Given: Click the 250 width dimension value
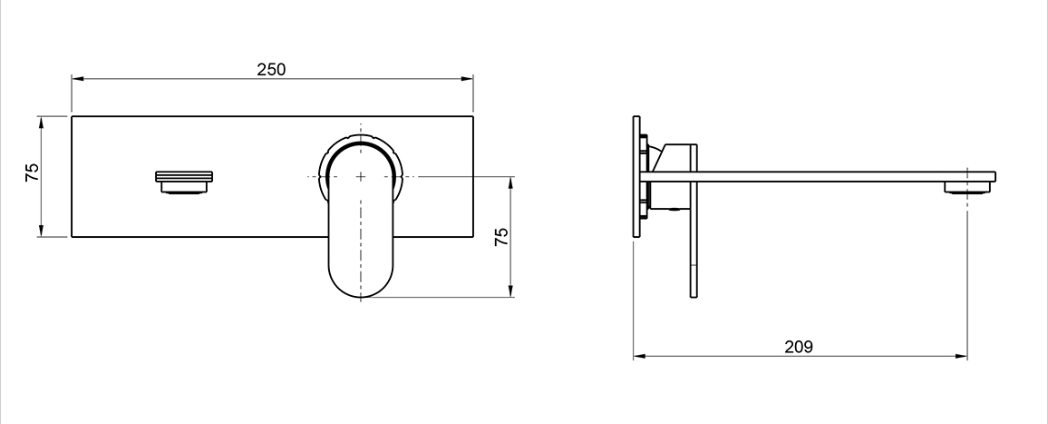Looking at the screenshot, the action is (271, 69).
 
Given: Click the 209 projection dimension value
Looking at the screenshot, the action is (799, 347).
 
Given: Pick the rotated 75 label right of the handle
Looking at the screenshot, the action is (502, 236).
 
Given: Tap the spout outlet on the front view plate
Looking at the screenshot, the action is (184, 182).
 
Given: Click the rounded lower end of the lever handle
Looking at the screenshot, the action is (361, 281).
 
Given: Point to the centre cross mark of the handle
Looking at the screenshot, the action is (361, 176).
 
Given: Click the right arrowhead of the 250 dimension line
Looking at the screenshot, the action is (467, 79).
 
